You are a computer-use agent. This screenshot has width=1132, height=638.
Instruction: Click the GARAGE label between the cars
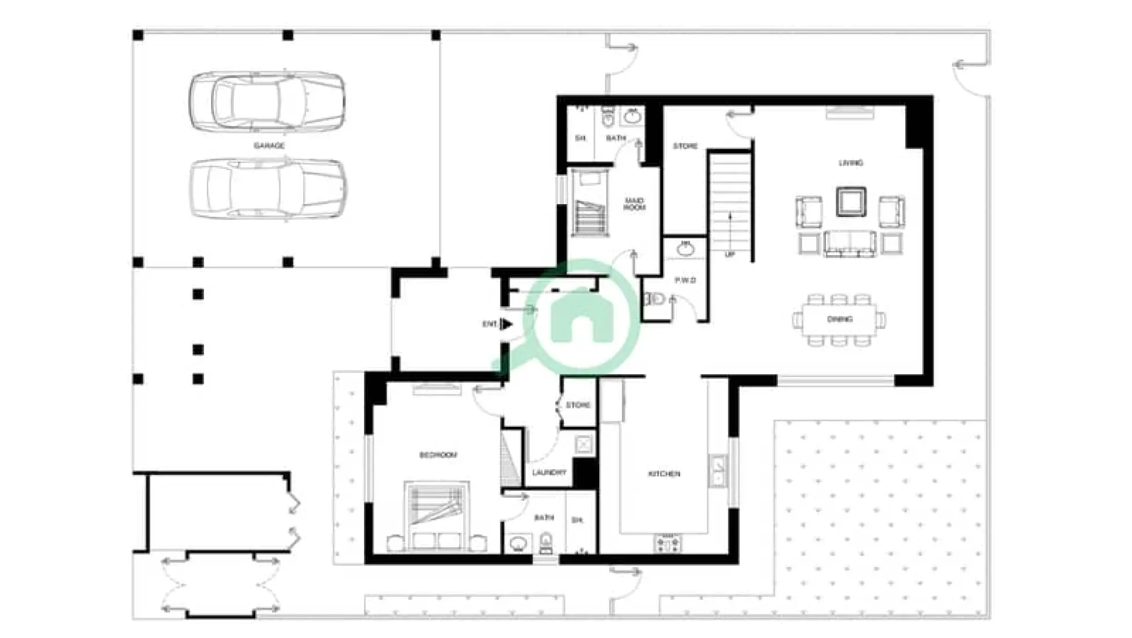269,146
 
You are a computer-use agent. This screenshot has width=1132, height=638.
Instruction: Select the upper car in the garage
268,101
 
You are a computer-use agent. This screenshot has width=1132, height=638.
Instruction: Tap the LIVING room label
850,163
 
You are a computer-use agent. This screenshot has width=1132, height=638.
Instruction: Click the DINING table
839,320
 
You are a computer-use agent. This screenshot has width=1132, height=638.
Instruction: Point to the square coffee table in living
851,202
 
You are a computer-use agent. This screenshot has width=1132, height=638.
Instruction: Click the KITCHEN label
664,474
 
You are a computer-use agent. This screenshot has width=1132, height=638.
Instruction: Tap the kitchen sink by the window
718,470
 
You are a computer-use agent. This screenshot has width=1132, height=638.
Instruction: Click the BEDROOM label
438,455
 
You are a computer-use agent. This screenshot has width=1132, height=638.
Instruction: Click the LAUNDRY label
549,473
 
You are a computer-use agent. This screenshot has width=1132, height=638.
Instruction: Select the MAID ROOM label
634,204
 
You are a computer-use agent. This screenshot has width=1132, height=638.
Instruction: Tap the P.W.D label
685,280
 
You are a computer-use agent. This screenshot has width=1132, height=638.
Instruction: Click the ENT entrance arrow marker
505,324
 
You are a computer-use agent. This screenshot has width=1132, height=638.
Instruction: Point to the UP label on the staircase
729,255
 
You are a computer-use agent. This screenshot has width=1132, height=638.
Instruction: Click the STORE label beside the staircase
685,146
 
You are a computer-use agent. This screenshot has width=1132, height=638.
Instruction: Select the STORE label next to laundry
578,405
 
